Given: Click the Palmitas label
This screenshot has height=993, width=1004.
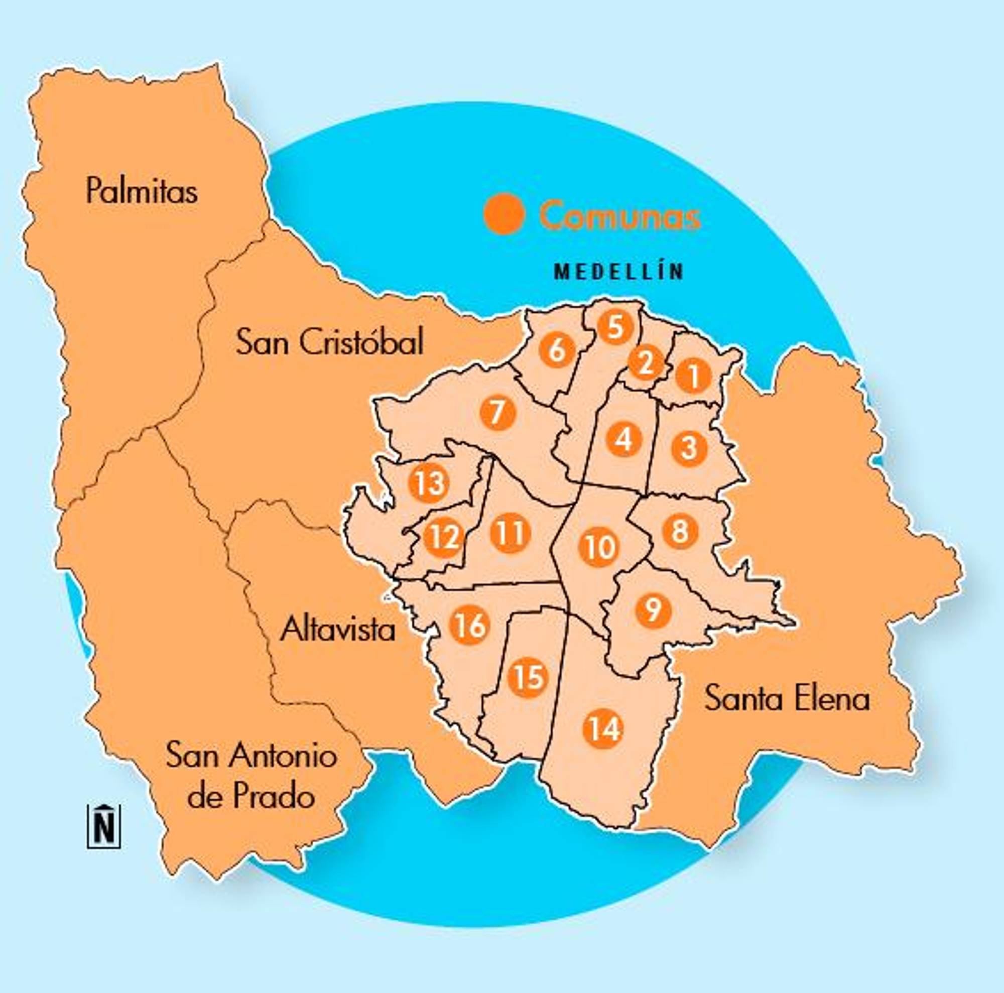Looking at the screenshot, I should coord(142,191).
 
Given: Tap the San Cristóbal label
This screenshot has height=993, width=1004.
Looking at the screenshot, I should coord(329,342).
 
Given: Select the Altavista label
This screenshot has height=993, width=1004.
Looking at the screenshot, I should coord(338,629).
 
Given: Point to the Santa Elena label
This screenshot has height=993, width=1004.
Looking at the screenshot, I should coord(787,699).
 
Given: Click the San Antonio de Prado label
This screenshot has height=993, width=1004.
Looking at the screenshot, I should coord(252,775).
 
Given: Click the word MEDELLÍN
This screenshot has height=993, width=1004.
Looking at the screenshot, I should coord(618,272).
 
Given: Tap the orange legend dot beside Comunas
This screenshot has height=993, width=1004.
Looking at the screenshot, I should coord(504,213).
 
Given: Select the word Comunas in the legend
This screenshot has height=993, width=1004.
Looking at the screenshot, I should coord(620,215).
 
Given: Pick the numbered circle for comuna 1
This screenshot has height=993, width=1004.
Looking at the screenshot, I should coord(693,376).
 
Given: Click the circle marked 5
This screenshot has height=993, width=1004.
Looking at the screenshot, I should coord(615,327).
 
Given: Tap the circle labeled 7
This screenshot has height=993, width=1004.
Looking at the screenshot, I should coord(498,413).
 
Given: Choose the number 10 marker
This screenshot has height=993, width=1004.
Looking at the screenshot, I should coord(599,547).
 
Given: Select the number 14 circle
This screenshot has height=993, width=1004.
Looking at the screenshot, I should coord(603,729).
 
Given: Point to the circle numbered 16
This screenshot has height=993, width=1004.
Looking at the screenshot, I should coord(471,626).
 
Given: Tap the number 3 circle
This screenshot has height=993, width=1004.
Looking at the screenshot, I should coord(689,447).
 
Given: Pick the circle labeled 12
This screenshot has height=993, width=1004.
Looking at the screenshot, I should coord(443,537).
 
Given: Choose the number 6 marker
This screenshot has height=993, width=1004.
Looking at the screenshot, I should coord(557,350).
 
